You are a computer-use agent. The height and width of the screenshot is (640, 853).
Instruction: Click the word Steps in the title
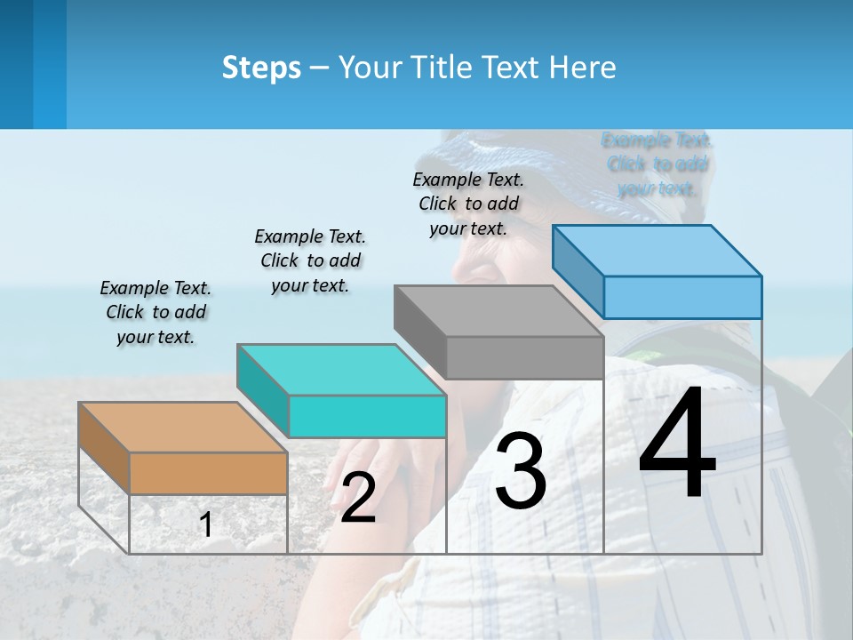[261, 68]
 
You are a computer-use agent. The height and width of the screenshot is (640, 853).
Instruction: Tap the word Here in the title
[584, 68]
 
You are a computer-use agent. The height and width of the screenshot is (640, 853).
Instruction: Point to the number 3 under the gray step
[521, 471]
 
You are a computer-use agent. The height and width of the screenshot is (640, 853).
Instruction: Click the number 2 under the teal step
[358, 498]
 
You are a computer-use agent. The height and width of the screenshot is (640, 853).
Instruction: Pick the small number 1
[206, 524]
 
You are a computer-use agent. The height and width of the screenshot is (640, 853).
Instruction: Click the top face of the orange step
[182, 428]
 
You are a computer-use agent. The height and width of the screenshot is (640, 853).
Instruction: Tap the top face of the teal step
[341, 370]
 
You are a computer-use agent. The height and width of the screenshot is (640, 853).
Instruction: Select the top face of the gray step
[498, 311]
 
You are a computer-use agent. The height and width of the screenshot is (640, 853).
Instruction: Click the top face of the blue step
[657, 251]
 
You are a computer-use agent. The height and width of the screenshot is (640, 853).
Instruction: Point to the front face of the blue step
[682, 297]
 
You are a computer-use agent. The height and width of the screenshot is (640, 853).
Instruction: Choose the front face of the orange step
[208, 473]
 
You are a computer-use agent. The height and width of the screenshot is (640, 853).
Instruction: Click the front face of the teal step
[367, 416]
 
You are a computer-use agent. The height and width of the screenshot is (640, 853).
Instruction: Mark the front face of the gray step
[524, 357]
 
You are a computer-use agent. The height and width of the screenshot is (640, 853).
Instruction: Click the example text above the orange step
[155, 312]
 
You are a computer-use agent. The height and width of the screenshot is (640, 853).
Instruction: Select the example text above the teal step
[310, 260]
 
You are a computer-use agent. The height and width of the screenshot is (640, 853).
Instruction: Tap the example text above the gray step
[468, 204]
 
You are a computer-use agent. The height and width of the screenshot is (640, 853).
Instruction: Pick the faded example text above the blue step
[657, 164]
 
